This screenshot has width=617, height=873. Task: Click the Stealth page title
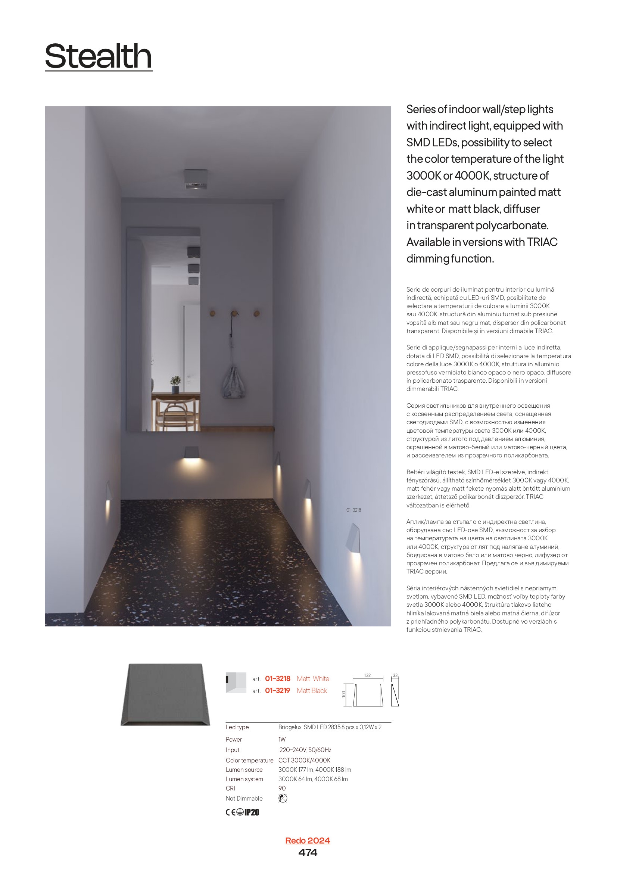(x=99, y=56)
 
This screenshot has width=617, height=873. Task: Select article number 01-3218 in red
(x=277, y=678)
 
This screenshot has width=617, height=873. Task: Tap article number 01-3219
(x=277, y=690)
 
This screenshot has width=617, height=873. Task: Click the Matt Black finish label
(x=312, y=690)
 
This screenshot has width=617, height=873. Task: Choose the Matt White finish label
(x=313, y=678)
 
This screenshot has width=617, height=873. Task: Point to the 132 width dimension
(x=367, y=675)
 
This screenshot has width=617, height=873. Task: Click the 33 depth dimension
(x=395, y=675)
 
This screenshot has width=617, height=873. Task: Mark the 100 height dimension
(x=344, y=694)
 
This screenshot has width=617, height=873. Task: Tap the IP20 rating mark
(x=252, y=813)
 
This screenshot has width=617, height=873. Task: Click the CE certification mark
(x=230, y=813)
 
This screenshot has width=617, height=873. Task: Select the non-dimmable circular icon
(x=283, y=798)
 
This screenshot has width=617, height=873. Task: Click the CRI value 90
(x=282, y=788)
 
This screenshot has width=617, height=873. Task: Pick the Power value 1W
(x=282, y=739)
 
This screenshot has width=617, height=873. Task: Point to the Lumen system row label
(x=244, y=779)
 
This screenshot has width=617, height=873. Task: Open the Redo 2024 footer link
(x=308, y=840)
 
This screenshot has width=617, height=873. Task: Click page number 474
(x=308, y=853)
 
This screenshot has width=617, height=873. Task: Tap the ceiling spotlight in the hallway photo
(x=196, y=179)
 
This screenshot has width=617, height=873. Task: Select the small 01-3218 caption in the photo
(x=353, y=510)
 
